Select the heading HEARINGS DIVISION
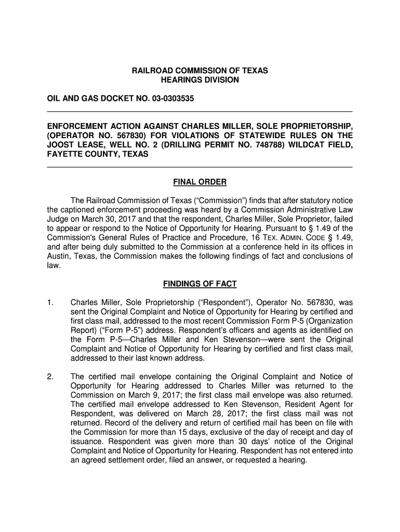point(200,80)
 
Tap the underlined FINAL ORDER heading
point(199,182)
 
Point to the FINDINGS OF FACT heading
point(199,284)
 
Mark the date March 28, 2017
point(203,414)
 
